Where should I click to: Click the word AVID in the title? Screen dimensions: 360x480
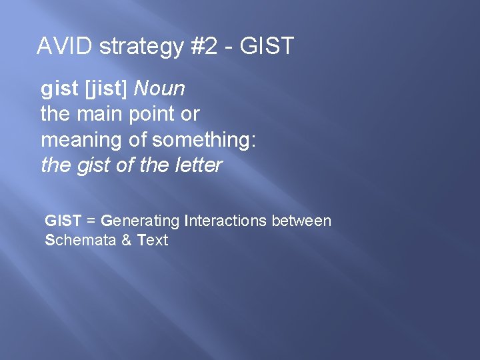pyautogui.click(x=63, y=47)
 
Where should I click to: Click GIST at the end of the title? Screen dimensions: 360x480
pyautogui.click(x=267, y=47)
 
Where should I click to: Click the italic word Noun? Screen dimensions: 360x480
pyautogui.click(x=159, y=89)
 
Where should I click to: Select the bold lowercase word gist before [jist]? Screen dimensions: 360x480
pyautogui.click(x=56, y=89)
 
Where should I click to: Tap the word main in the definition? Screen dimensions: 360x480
pyautogui.click(x=102, y=114)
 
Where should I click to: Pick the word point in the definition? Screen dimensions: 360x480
pyautogui.click(x=153, y=115)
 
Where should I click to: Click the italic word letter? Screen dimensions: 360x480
pyautogui.click(x=199, y=165)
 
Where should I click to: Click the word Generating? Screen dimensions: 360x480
pyautogui.click(x=140, y=221)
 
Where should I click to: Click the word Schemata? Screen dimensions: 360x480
pyautogui.click(x=79, y=240)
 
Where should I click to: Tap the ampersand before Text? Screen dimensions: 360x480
pyautogui.click(x=126, y=240)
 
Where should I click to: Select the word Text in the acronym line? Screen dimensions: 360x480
pyautogui.click(x=153, y=240)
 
